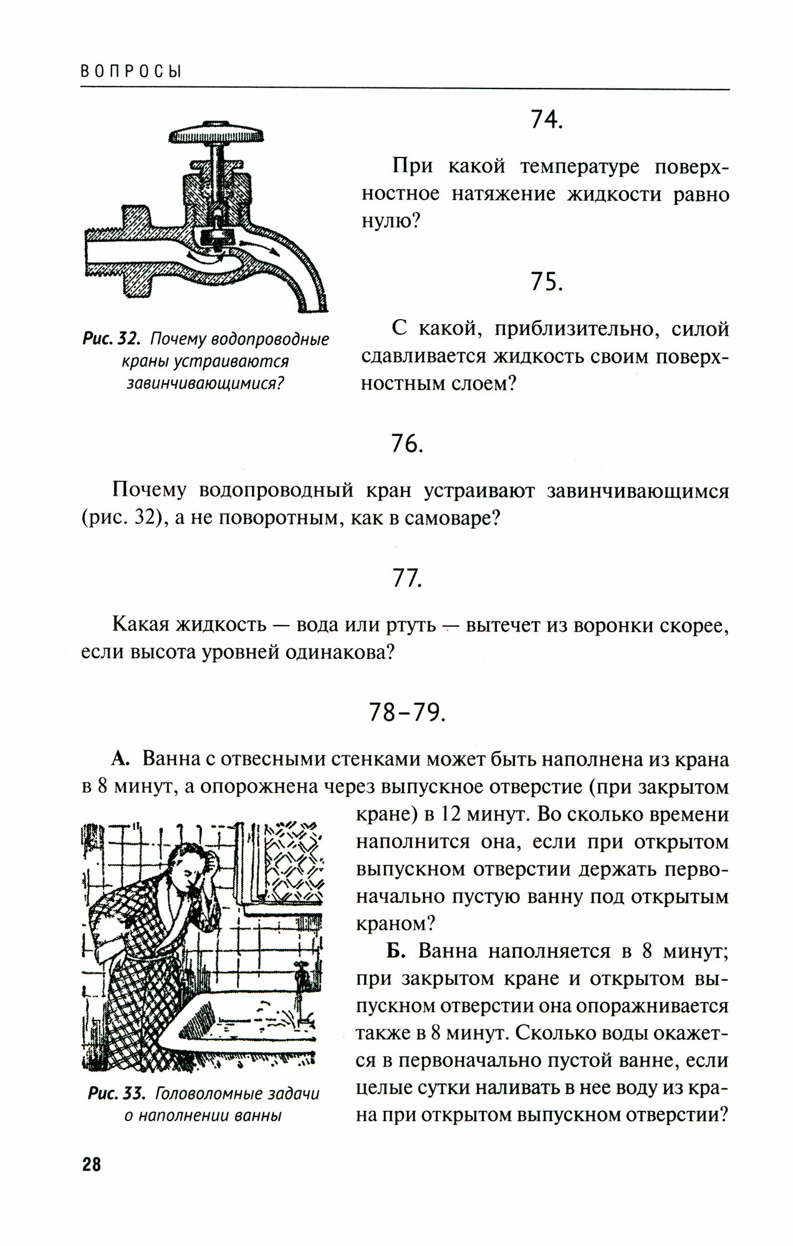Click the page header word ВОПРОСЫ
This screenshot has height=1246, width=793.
pos(131,72)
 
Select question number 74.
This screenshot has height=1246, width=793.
pos(546,120)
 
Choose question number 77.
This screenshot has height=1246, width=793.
pos(406,579)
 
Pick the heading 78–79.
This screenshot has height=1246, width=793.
pos(407,713)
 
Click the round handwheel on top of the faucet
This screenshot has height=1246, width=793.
pos(216,135)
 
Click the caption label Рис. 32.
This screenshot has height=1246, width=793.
pos(109,341)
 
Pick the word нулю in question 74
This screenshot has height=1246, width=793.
pos(385,221)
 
